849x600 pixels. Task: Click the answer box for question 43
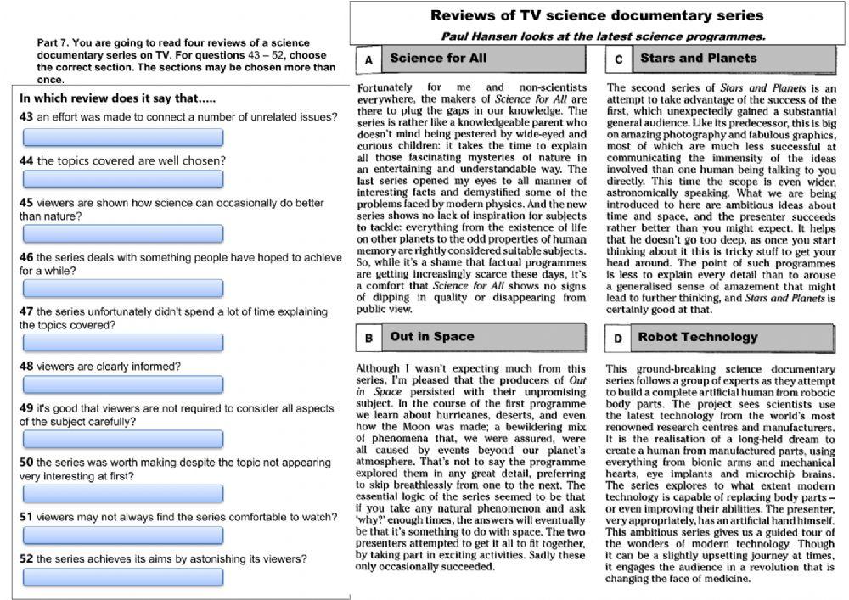pos(122,137)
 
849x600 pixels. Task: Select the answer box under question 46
pos(122,288)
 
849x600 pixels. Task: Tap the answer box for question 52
pos(122,577)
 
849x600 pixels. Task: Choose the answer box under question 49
pos(122,439)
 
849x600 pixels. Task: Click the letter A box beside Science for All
pos(368,59)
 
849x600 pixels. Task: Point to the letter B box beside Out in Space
pos(368,338)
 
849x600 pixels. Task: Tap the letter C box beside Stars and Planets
pos(618,59)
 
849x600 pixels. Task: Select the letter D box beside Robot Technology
pos(617,338)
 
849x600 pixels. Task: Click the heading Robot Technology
pos(697,337)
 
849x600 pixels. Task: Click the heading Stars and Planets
pos(697,59)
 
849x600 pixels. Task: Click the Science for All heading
pos(437,59)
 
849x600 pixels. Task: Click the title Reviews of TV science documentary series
pos(596,15)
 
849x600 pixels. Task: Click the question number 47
pos(25,311)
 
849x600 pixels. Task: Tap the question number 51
pos(25,516)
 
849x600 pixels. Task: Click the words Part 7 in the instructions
pos(53,42)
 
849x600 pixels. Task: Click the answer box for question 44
pos(122,179)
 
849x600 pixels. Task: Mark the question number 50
pos(25,463)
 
